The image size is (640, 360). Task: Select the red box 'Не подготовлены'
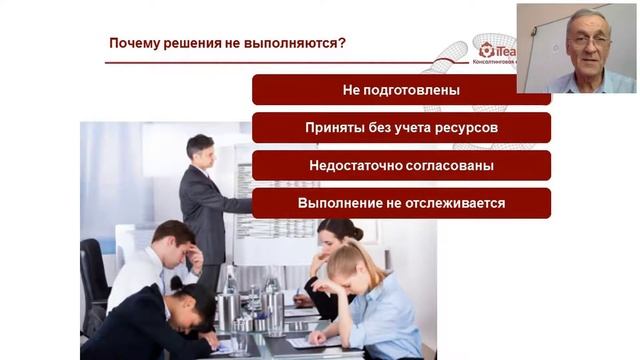pos(401,90)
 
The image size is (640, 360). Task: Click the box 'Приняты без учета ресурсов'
pos(401,128)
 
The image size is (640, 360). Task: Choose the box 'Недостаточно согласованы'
pos(401,166)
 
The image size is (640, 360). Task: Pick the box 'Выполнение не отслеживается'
pos(401,203)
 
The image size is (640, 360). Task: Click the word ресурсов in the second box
pos(467,128)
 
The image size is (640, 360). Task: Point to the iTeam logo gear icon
pos(487,49)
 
